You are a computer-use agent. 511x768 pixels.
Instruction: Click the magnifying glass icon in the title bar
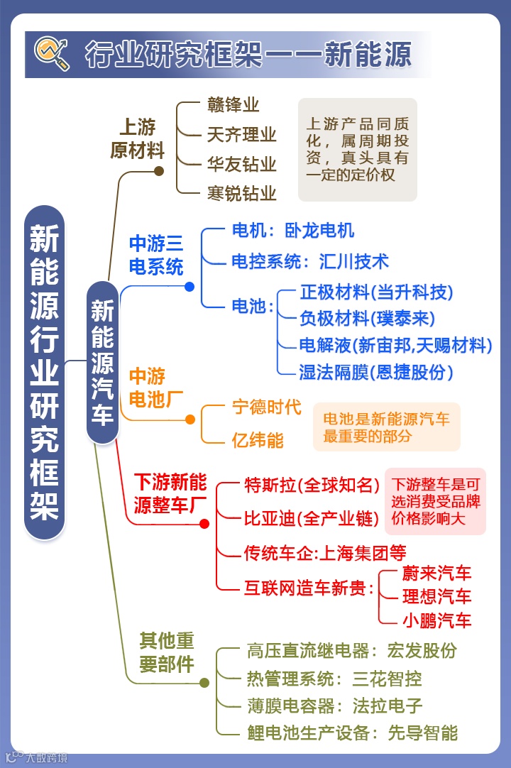[53, 53]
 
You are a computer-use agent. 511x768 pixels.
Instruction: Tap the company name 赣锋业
[233, 105]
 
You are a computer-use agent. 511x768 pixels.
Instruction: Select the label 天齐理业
[241, 134]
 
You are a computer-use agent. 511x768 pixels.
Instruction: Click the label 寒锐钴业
[241, 192]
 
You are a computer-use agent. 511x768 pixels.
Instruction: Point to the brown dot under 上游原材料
[159, 170]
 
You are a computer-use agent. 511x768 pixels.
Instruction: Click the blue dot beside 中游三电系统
[189, 287]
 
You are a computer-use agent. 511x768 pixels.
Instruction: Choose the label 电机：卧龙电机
[292, 231]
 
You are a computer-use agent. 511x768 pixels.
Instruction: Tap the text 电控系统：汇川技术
[310, 261]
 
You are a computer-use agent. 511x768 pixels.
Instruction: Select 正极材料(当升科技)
[376, 292]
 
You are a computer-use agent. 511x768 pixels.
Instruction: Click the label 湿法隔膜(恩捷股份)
[376, 371]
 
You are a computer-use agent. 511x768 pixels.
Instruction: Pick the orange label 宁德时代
[267, 407]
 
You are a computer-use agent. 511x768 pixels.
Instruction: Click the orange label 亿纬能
[258, 440]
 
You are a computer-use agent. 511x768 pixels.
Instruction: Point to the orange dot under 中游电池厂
[189, 419]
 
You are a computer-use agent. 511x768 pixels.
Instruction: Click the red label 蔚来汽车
[436, 574]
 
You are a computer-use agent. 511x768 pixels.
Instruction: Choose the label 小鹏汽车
[436, 620]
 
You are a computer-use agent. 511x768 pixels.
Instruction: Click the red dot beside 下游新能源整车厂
[204, 524]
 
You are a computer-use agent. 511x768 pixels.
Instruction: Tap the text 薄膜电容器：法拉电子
[334, 706]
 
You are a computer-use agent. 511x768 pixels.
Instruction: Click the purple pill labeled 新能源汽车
[102, 362]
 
